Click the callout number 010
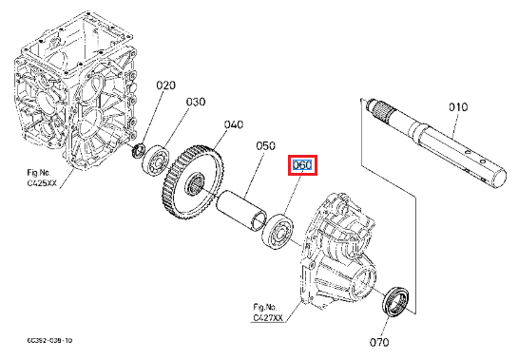coord(458,107)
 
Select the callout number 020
coord(165,85)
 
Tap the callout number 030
coord(196,102)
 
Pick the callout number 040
coord(234,124)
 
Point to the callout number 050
coord(265,145)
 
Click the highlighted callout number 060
coord(302,165)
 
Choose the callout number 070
coord(379,342)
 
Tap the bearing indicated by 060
coord(278,231)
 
